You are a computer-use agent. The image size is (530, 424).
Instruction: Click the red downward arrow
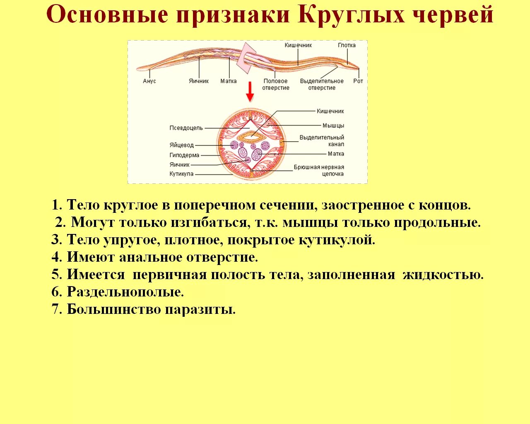click(x=250, y=92)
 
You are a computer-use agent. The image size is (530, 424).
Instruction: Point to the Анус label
click(x=149, y=81)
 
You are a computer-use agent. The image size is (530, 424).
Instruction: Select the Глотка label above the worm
click(x=347, y=45)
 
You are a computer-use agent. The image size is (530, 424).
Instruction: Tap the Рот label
click(x=358, y=81)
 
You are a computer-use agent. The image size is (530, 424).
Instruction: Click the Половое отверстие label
click(x=276, y=84)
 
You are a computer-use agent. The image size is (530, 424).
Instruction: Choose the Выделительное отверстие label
click(x=322, y=84)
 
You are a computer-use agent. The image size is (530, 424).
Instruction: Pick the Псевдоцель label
click(x=186, y=128)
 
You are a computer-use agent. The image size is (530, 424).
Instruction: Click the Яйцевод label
click(x=181, y=145)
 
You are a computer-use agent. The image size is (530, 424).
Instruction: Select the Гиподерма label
click(x=184, y=155)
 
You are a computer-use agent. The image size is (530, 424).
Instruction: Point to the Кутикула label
click(x=181, y=174)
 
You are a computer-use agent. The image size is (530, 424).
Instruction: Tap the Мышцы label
click(x=333, y=125)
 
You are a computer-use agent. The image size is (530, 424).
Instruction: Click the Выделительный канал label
click(x=322, y=141)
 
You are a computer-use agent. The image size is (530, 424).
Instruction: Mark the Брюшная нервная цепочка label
click(x=319, y=171)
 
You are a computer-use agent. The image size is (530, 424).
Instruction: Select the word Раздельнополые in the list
click(x=125, y=292)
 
